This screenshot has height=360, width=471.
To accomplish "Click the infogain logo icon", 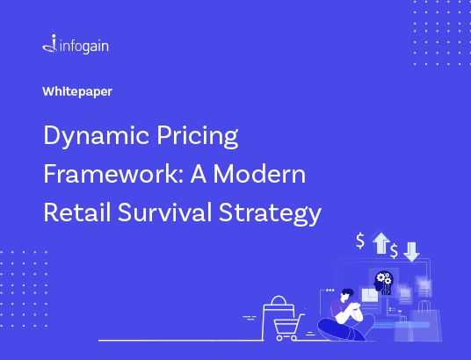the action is (50, 44).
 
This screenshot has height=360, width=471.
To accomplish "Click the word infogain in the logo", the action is (84, 47).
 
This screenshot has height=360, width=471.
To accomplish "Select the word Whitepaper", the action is (77, 92).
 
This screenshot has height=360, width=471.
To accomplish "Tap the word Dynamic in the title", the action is (96, 136).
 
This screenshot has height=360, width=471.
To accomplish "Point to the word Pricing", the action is (198, 136).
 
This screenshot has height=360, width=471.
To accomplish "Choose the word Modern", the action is (259, 174).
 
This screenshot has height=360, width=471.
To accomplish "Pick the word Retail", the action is (77, 212).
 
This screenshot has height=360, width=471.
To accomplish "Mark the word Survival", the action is (165, 212).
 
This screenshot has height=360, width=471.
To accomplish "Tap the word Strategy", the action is (270, 213).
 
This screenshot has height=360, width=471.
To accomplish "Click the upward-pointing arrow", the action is (380, 242).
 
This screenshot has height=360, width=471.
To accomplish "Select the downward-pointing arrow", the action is (411, 252).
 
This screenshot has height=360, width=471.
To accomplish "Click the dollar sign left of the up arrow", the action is (360, 241).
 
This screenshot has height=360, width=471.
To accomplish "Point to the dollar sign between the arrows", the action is (394, 251).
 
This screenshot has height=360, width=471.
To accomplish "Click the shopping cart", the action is (287, 328).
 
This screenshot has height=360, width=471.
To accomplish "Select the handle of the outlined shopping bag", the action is (279, 299).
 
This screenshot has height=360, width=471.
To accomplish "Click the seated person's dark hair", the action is (347, 292).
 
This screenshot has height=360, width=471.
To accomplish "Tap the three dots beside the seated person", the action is (330, 290).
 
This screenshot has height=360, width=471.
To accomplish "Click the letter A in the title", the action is (199, 174).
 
